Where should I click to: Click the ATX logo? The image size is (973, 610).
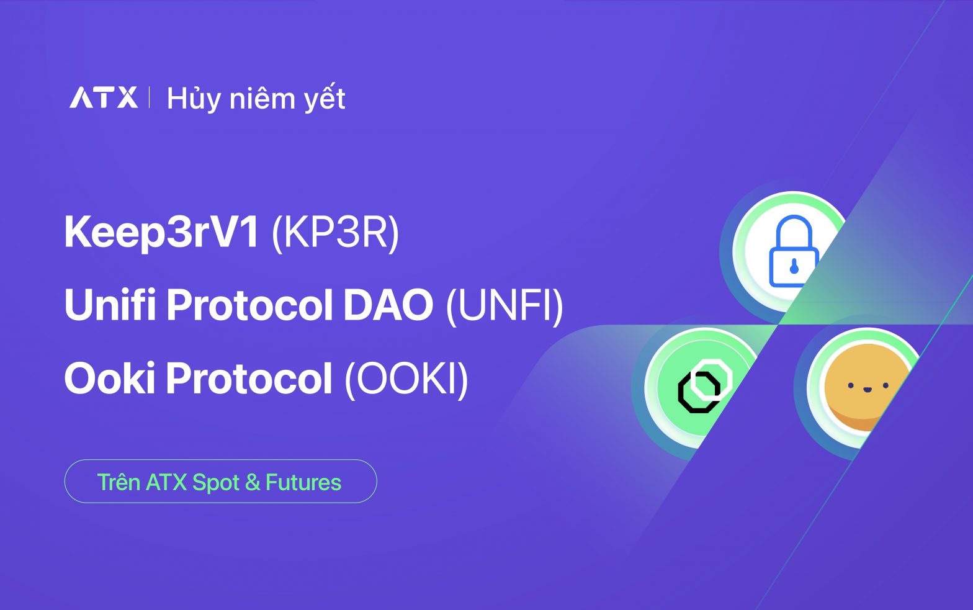[x=104, y=97]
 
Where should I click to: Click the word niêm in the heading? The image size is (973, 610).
[x=262, y=98]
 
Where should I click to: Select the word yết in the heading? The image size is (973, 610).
[x=325, y=98]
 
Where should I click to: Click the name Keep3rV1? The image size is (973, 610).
[x=161, y=232]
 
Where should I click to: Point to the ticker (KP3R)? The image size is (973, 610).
[x=335, y=233]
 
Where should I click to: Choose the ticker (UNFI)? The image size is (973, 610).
[x=504, y=305]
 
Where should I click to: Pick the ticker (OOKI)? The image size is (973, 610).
[x=406, y=378]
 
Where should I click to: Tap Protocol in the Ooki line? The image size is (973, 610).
[x=249, y=377]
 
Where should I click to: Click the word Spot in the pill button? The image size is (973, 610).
[x=215, y=483]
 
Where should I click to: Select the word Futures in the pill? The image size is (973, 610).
[x=303, y=482]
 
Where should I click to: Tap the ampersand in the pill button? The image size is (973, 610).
[x=252, y=483]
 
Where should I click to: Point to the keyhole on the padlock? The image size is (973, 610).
[x=794, y=267]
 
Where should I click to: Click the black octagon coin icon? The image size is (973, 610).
[x=704, y=386]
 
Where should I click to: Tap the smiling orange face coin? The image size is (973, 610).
[x=864, y=387]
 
